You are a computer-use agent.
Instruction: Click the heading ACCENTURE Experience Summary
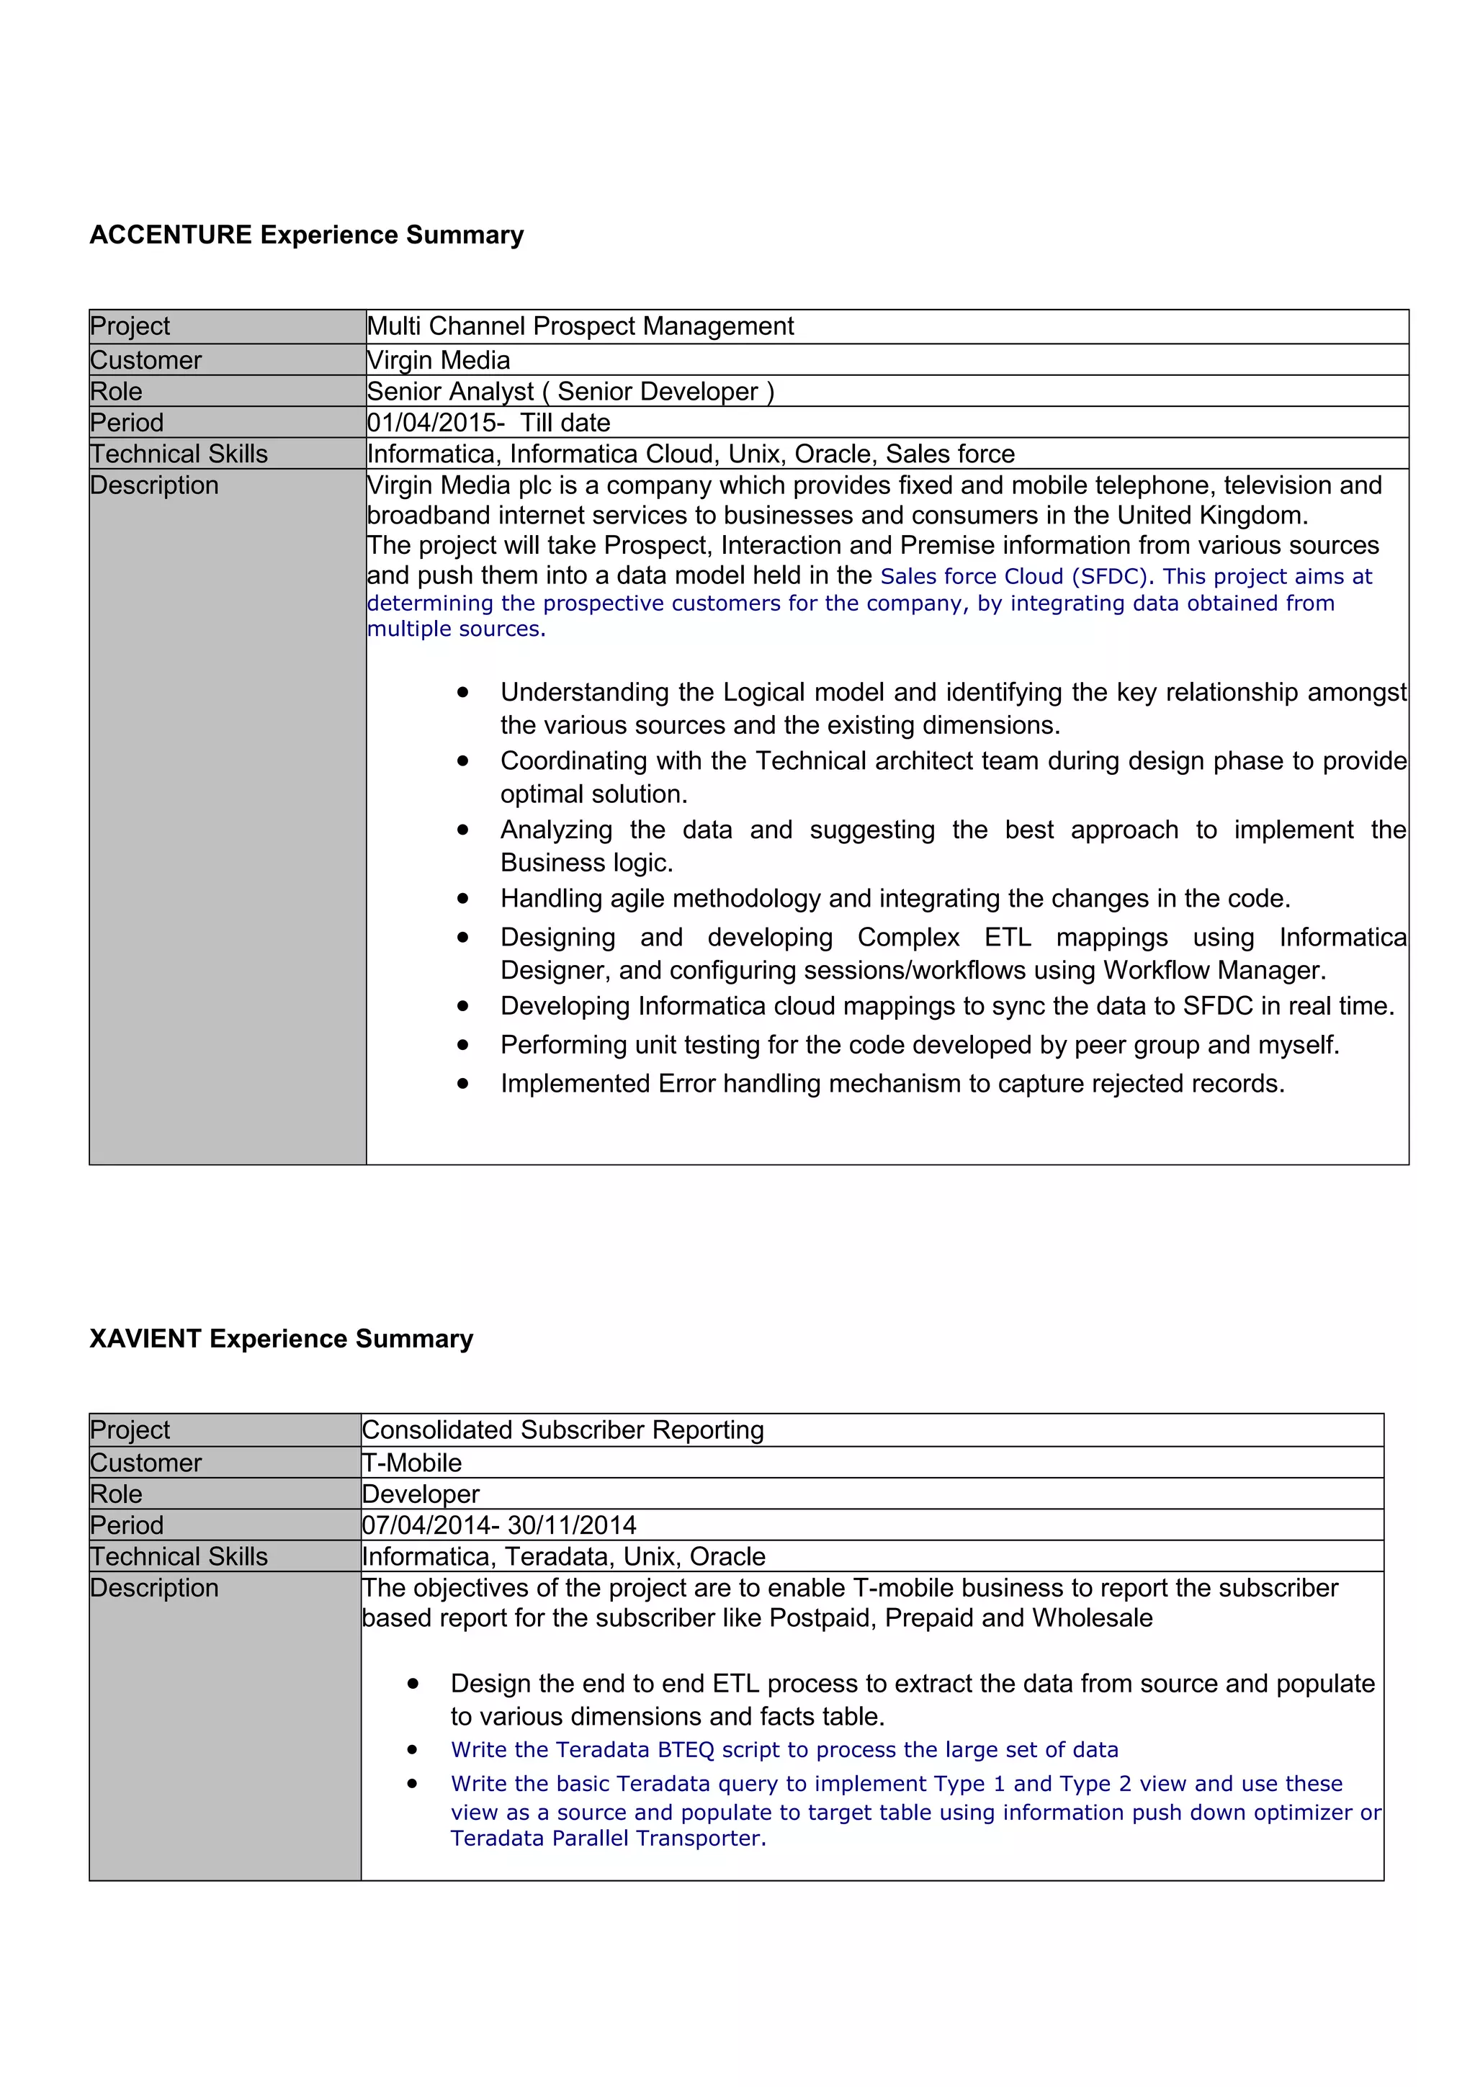[x=306, y=235]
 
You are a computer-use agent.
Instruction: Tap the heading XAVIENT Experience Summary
[x=281, y=1338]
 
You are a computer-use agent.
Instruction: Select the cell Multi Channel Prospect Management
[x=580, y=326]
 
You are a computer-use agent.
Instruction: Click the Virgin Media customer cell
[x=438, y=360]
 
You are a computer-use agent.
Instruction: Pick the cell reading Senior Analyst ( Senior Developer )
[x=570, y=392]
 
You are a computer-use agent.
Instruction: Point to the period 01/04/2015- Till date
[x=488, y=423]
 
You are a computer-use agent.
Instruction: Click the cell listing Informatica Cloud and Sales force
[x=691, y=454]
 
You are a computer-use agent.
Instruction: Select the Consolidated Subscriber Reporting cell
[x=562, y=1430]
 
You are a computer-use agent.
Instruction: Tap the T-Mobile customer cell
[x=412, y=1463]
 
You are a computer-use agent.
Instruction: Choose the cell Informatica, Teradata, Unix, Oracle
[x=563, y=1556]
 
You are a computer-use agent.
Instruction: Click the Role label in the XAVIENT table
[x=117, y=1494]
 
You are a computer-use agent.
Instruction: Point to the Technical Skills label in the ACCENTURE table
[x=179, y=454]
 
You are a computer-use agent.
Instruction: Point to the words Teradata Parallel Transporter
[x=607, y=1838]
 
